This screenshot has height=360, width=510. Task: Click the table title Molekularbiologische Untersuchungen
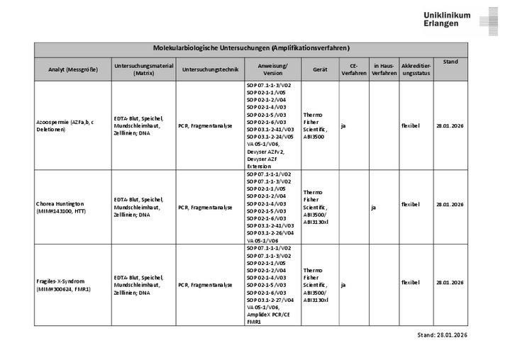click(251, 48)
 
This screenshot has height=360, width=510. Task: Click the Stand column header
click(450, 62)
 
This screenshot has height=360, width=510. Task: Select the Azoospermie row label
click(64, 126)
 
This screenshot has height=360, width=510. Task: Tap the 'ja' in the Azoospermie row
click(343, 126)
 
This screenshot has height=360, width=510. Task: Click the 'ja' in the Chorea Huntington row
click(373, 208)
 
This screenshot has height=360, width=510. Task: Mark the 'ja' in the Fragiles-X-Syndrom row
click(343, 285)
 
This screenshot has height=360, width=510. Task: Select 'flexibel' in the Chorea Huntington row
click(410, 204)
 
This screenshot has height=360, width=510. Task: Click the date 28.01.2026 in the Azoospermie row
click(450, 126)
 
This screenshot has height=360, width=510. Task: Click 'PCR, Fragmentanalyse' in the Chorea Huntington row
click(205, 208)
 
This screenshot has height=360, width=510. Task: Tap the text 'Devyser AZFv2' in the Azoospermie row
click(265, 152)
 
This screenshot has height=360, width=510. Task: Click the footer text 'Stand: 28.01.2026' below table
click(443, 335)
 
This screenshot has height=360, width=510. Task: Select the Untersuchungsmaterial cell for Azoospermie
click(138, 126)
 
